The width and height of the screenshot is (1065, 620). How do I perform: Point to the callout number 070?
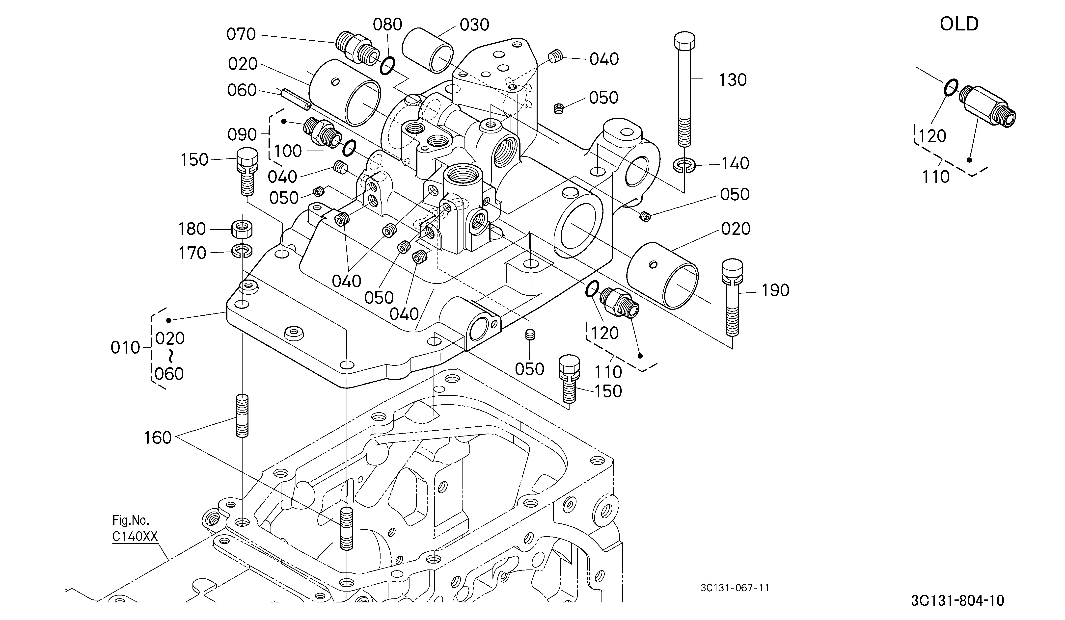coord(241,34)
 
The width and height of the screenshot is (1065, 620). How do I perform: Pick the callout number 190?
coord(775,290)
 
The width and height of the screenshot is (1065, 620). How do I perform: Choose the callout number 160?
coord(158,438)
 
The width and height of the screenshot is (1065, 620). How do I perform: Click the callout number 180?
coord(192,229)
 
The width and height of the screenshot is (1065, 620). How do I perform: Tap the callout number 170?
coord(192,253)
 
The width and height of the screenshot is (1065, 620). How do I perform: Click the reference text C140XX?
coord(135,536)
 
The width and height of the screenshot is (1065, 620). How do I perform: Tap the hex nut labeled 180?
coord(242,229)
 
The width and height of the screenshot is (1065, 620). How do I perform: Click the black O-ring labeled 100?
coord(349,148)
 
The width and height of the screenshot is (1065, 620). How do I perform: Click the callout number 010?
coord(125,348)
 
